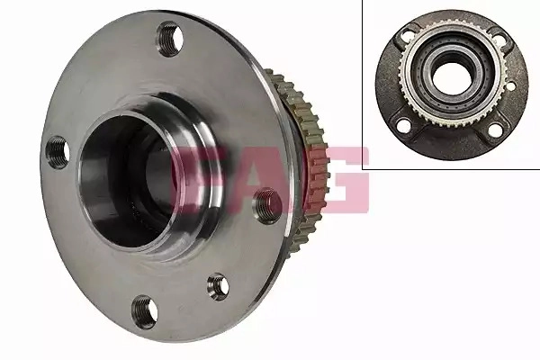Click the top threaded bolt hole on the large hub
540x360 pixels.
click(x=170, y=39)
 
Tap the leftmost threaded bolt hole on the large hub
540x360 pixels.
click(x=58, y=153)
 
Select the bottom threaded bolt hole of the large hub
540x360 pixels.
click(x=145, y=312)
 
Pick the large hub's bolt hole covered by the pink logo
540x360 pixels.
click(x=267, y=206)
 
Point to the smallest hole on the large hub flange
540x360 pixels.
click(x=218, y=286)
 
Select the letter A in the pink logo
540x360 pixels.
click(x=262, y=179)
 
